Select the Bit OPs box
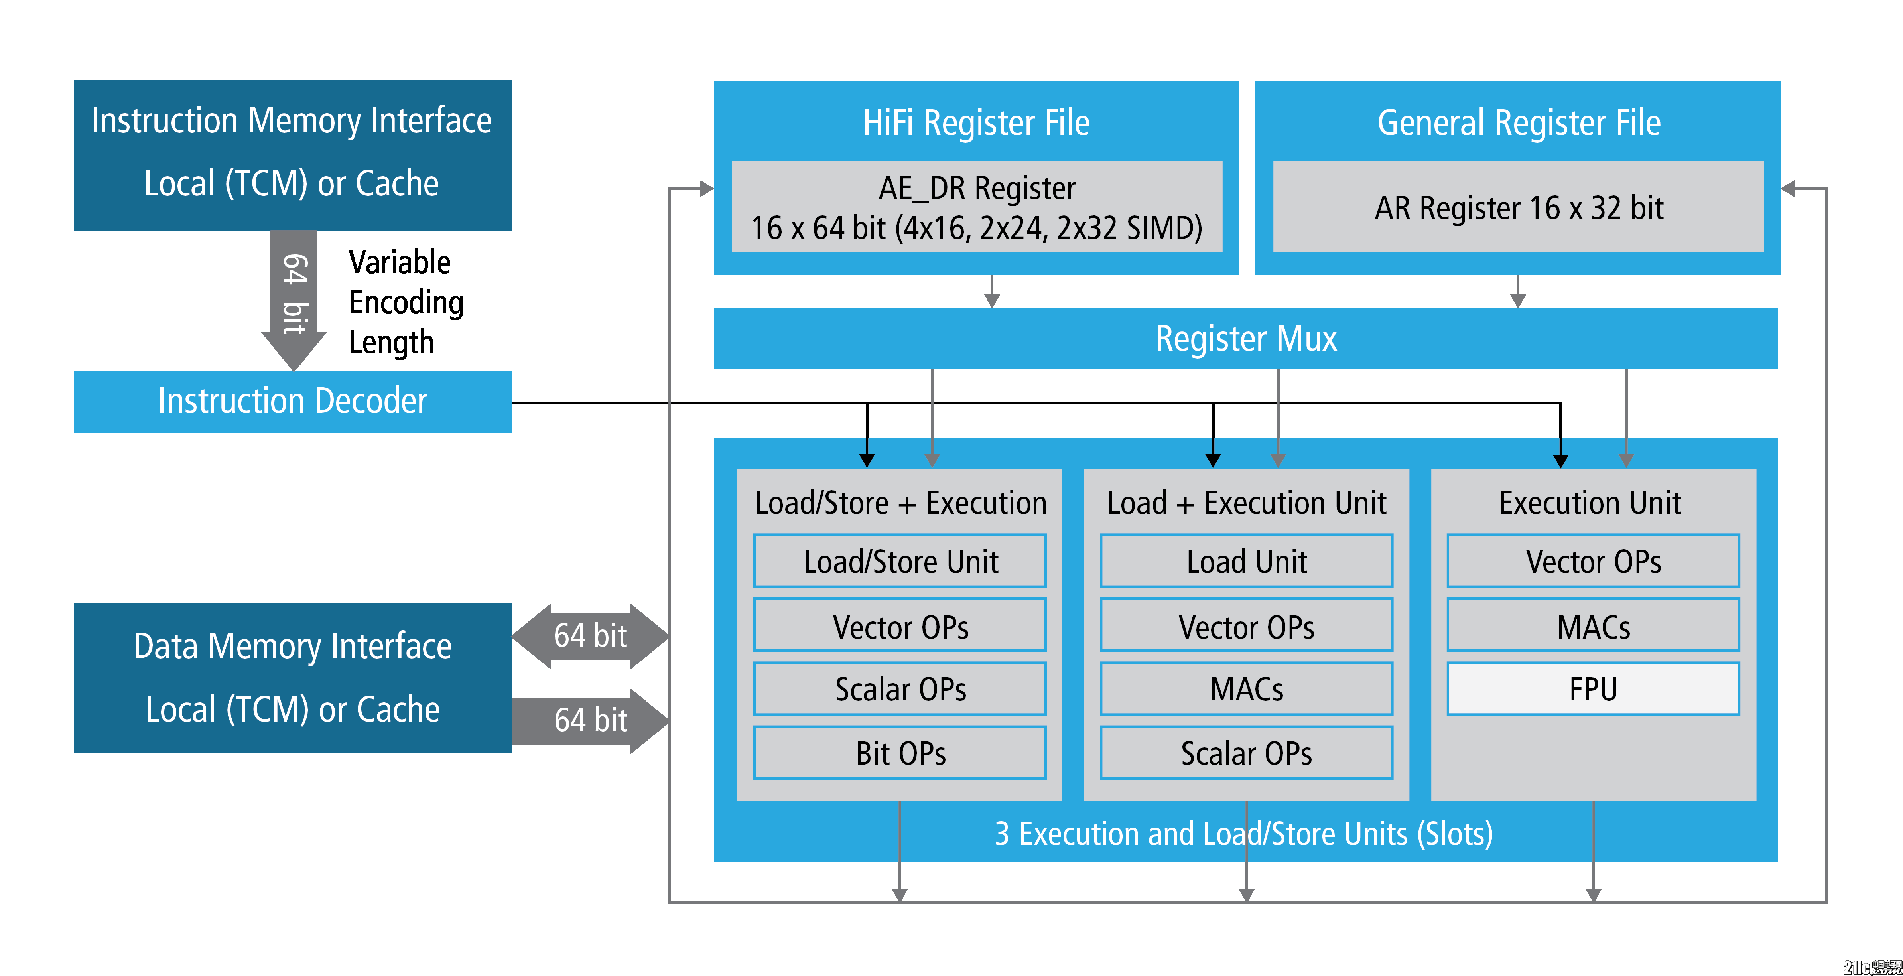click(900, 753)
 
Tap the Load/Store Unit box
click(900, 561)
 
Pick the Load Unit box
click(1246, 561)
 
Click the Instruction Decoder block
click(293, 401)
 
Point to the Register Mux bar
click(1245, 338)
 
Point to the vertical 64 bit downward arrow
click(294, 296)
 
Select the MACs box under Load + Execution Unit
click(1246, 688)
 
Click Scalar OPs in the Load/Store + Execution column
click(900, 688)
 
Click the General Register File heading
click(1518, 122)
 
